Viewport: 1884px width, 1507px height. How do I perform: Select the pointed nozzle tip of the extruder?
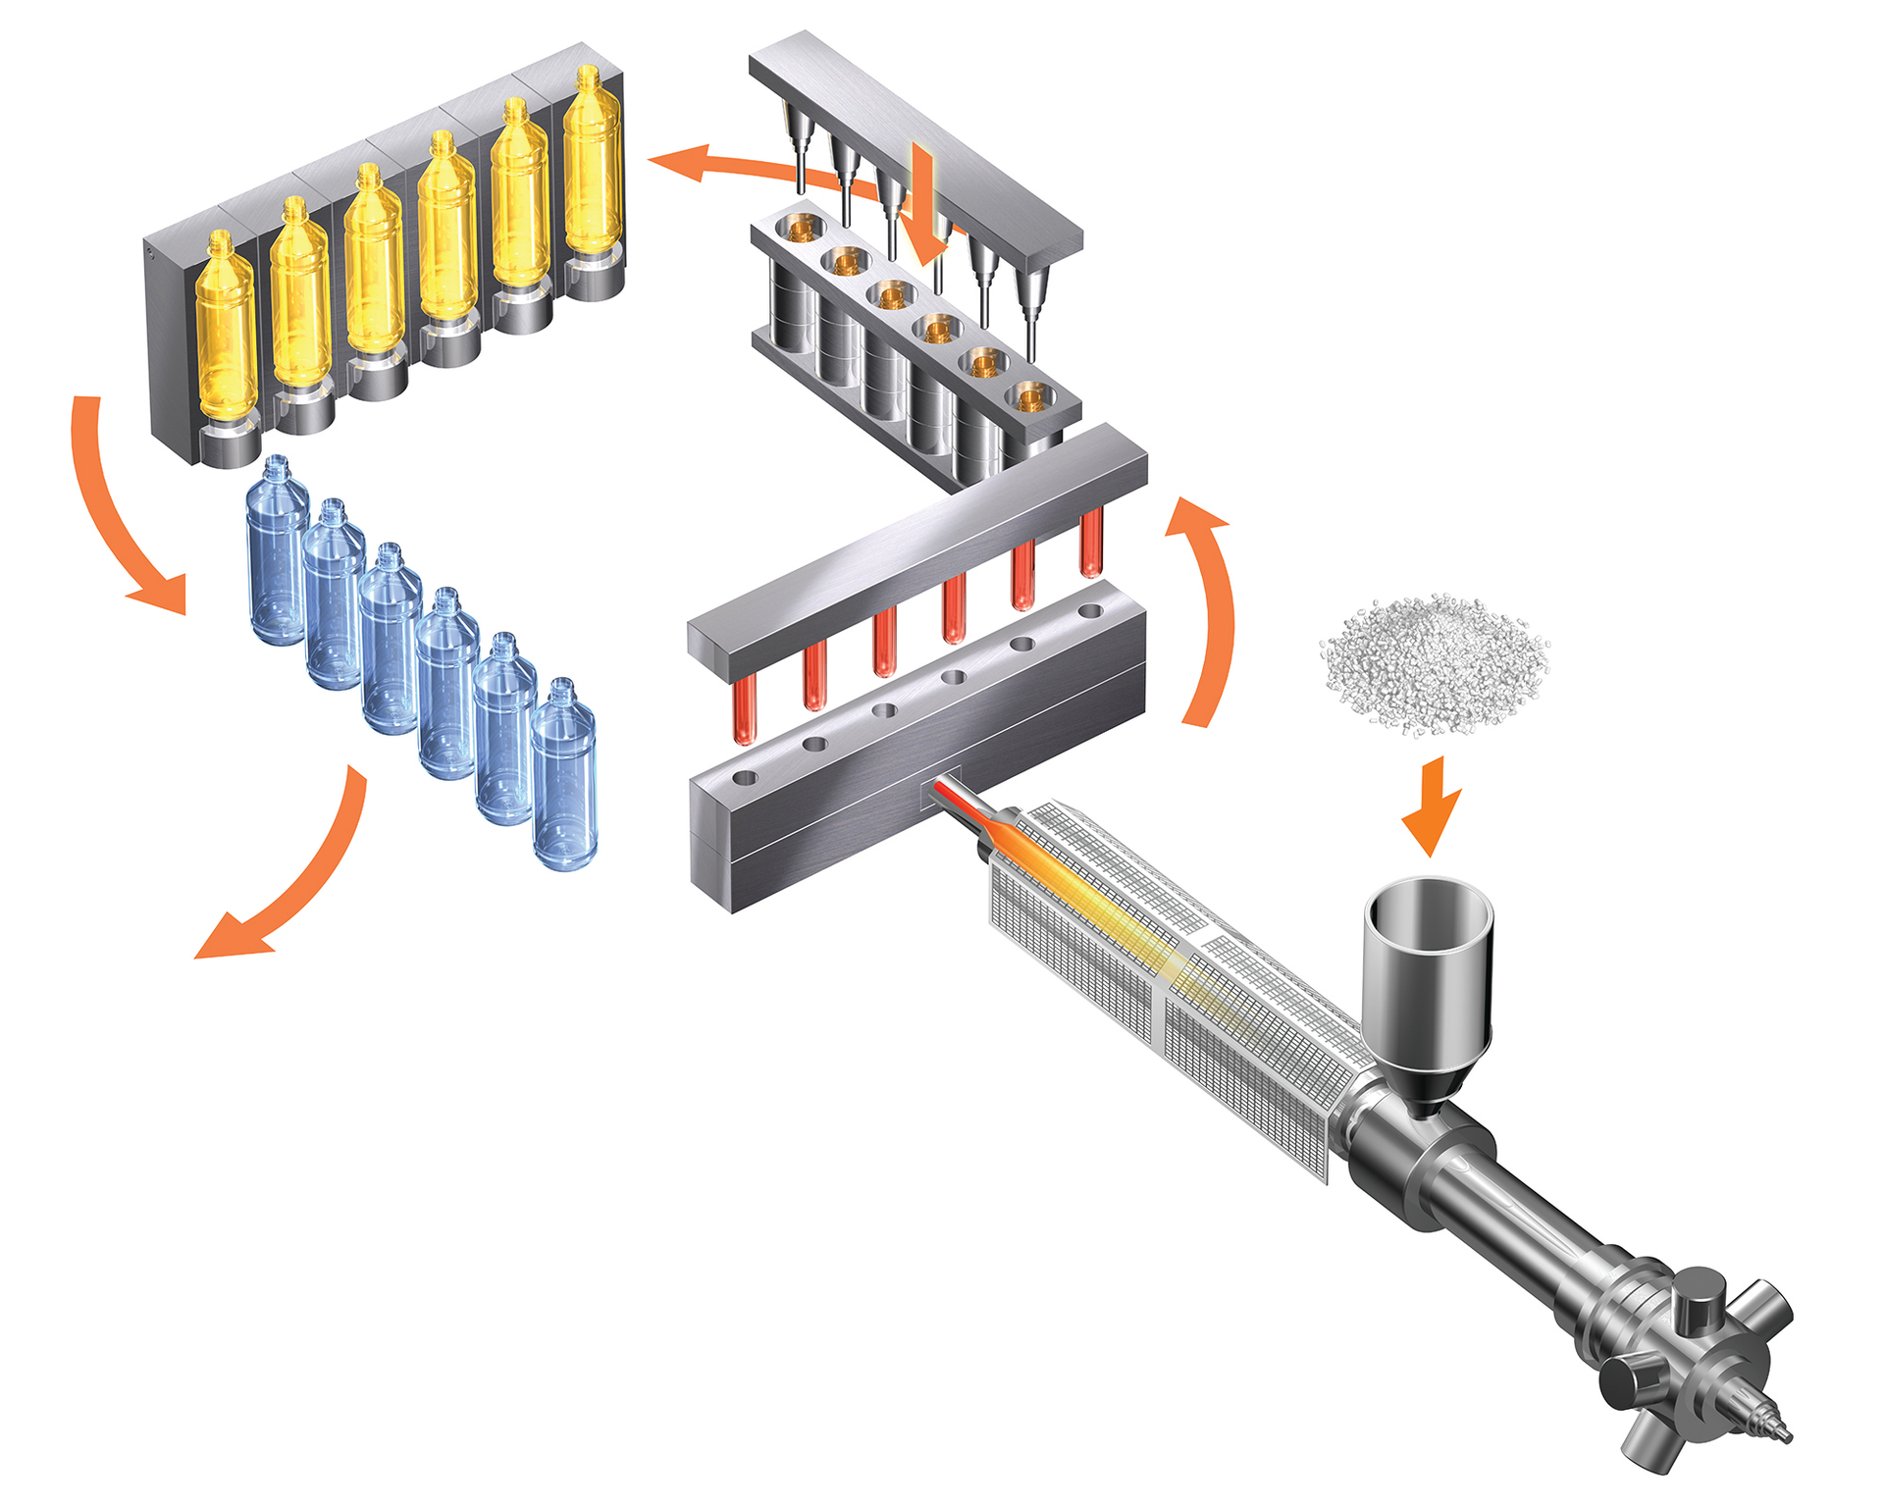(1778, 1433)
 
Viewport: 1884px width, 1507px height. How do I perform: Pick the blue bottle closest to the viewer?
(564, 780)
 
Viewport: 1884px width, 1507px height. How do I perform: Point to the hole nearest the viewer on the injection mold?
(745, 778)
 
